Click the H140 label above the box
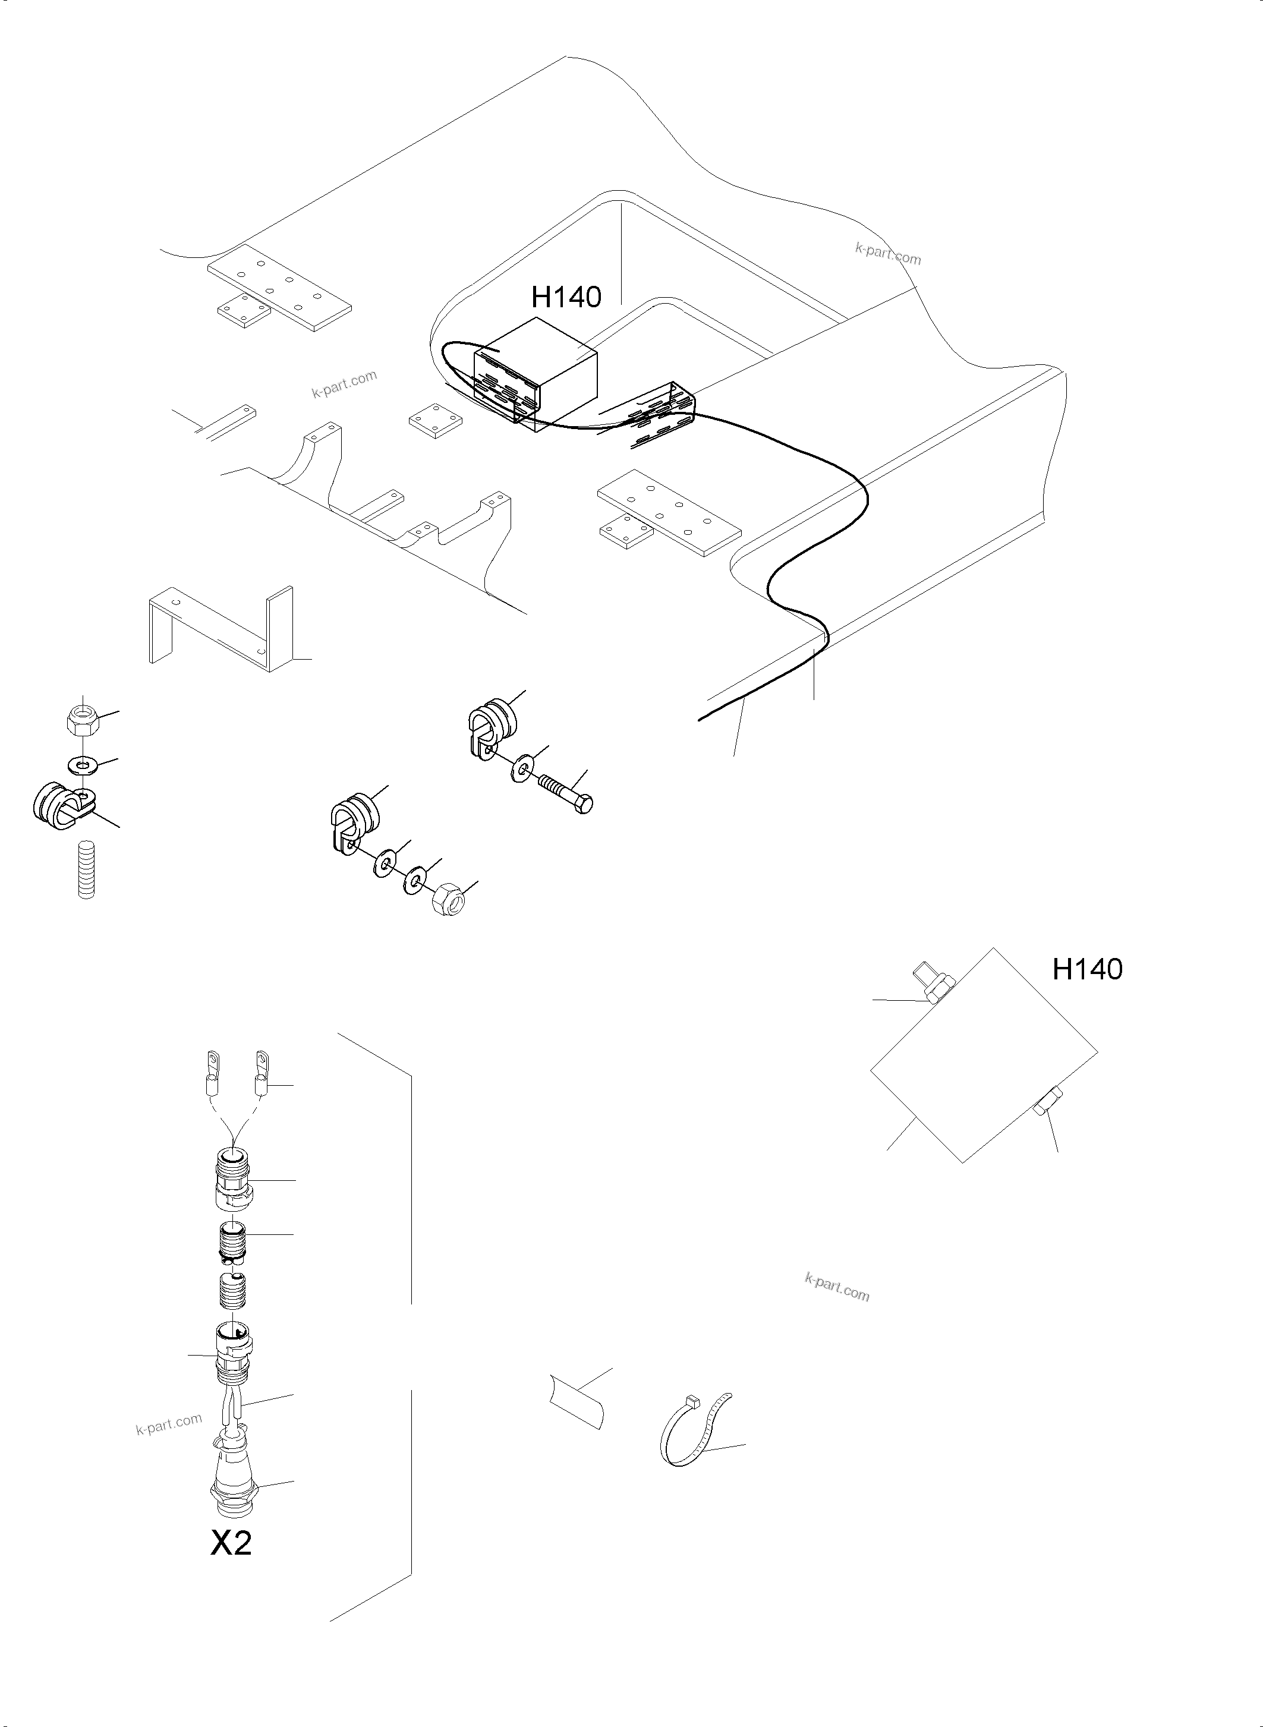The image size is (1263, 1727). (x=566, y=297)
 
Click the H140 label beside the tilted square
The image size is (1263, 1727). (x=1086, y=969)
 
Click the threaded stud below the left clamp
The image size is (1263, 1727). (x=89, y=869)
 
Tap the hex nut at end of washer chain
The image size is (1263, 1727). (x=449, y=900)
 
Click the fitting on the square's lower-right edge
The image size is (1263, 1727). (x=1045, y=1108)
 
